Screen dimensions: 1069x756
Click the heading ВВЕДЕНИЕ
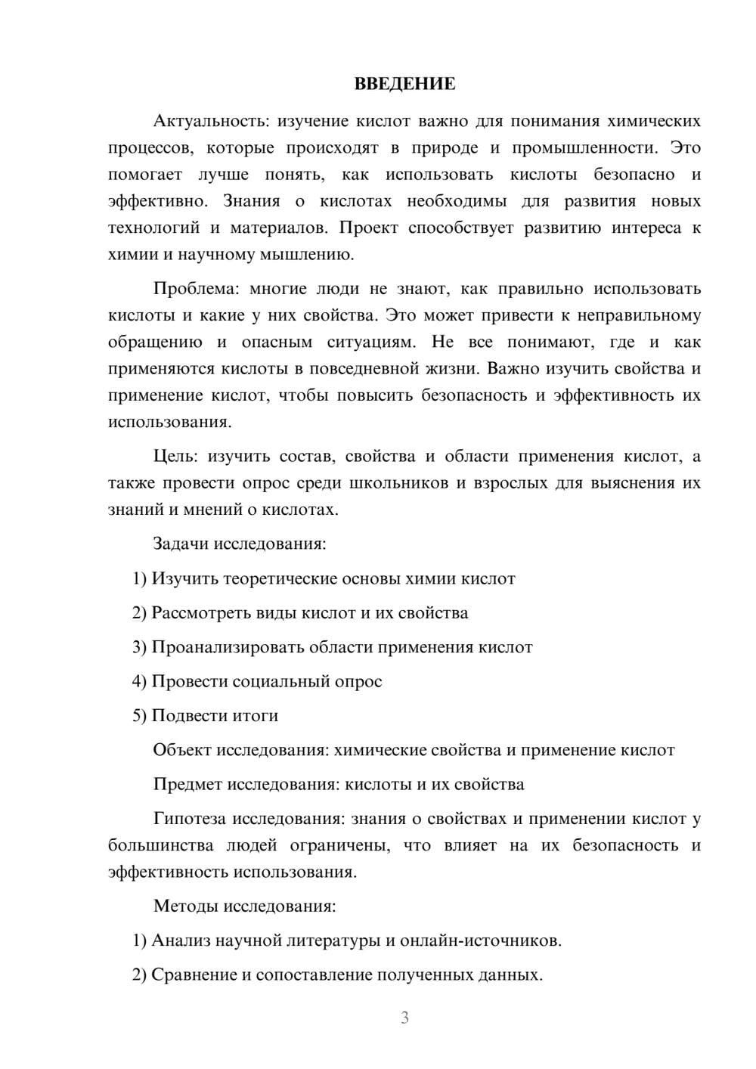pos(404,84)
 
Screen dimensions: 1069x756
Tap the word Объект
pos(182,750)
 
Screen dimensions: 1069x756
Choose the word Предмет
pos(186,784)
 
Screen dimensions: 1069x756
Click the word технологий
pos(153,228)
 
